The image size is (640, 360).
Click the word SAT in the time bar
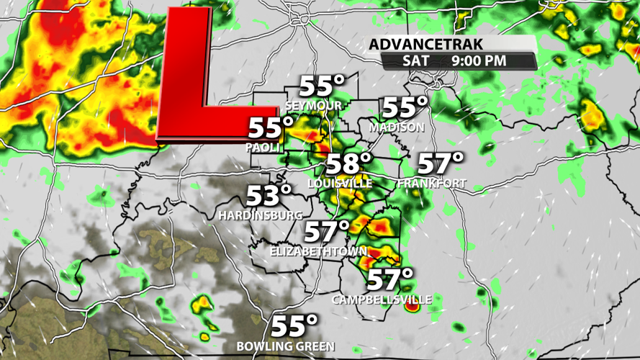tap(416, 60)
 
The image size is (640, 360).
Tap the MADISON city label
tap(396, 127)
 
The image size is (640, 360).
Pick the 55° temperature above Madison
tap(405, 108)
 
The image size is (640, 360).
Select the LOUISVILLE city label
tap(340, 184)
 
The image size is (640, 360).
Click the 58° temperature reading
tap(349, 164)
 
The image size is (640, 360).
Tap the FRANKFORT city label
tap(431, 184)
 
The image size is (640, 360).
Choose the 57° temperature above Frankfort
tap(441, 163)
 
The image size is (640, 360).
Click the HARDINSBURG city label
tap(261, 215)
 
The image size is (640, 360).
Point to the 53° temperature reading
tap(269, 195)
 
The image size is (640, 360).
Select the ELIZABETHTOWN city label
tap(318, 251)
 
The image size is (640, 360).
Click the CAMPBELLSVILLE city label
tap(382, 298)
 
